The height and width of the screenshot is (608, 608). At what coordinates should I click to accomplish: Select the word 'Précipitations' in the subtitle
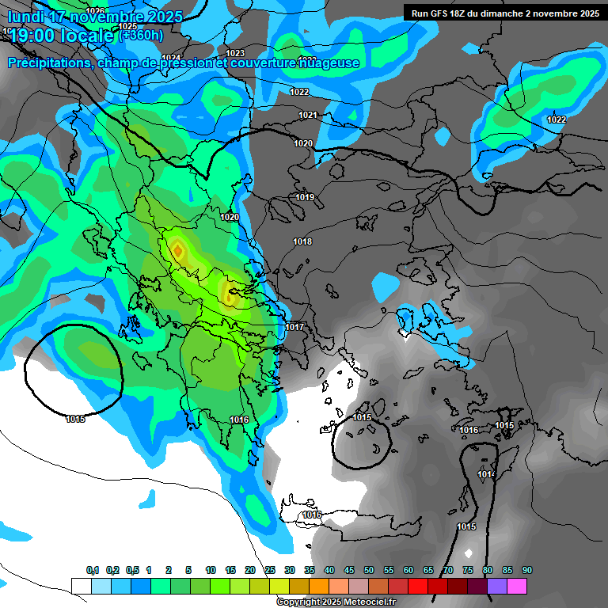coord(47,63)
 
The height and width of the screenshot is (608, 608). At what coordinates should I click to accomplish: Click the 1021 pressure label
coord(308,116)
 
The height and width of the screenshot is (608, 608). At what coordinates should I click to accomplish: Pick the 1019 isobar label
coord(305,197)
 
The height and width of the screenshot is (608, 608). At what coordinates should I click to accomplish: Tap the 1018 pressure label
coord(302,241)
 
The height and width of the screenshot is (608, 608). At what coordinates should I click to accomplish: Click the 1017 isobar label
coord(295,327)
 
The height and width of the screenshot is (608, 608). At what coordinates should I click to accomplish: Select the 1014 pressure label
coord(486,475)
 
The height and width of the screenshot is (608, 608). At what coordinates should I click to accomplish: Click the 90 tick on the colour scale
coord(527,570)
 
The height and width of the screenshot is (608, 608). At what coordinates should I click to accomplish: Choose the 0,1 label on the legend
coord(93,570)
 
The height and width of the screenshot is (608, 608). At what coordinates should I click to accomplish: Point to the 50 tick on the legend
coord(369,570)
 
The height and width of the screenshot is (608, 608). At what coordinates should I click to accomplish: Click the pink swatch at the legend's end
coord(517,586)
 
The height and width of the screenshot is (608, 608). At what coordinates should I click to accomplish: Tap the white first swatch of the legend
coord(82,586)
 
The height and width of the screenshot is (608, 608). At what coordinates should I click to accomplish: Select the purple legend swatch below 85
coord(497,586)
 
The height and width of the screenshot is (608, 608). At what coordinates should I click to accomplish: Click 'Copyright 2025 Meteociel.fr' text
coord(336,602)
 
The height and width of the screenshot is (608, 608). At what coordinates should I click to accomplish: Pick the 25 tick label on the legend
coord(270,570)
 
